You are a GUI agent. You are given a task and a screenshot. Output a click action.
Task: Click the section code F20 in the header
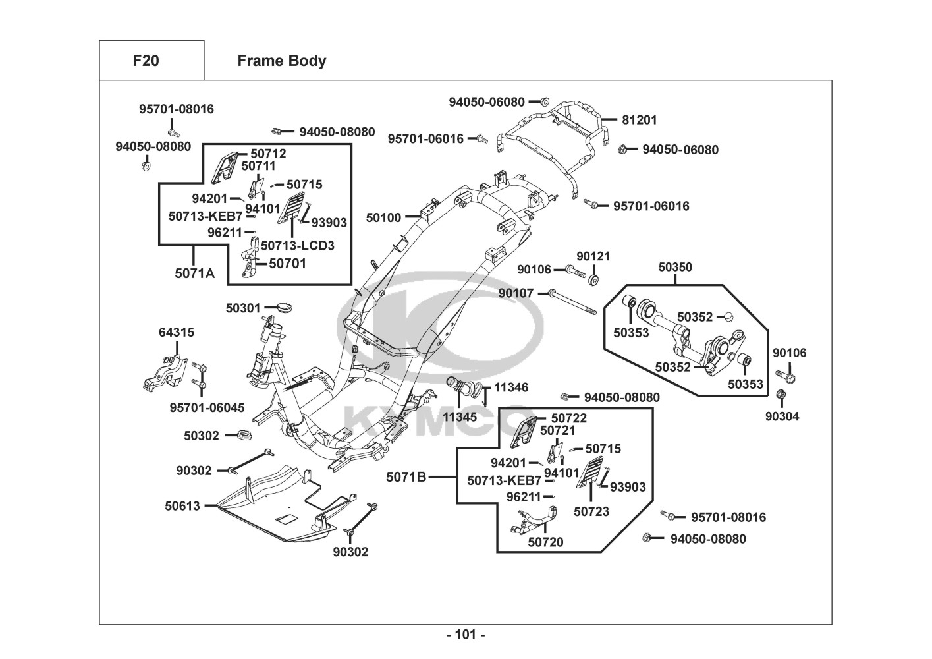(146, 61)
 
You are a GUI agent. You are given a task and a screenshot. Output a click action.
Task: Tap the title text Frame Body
(281, 61)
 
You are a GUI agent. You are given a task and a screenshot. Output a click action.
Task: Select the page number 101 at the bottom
(466, 635)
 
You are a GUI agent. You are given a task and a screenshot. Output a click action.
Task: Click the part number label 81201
(640, 120)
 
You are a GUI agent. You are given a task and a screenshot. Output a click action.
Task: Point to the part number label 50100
(383, 217)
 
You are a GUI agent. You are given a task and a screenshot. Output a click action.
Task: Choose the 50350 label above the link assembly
(675, 268)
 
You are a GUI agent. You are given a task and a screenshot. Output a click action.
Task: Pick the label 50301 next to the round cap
(243, 308)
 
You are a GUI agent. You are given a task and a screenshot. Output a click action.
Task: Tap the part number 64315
(177, 333)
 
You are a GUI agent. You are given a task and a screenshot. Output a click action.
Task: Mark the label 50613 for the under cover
(182, 506)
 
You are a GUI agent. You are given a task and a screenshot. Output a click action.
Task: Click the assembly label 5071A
(194, 273)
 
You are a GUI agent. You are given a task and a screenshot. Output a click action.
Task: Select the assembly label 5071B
(406, 476)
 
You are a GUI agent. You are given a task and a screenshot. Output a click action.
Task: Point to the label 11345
(460, 417)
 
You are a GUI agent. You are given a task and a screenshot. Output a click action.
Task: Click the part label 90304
(782, 416)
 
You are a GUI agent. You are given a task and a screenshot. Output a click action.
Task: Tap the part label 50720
(545, 542)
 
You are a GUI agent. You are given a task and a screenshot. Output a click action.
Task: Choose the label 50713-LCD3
(298, 246)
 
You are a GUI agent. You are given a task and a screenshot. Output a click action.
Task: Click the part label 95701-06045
(207, 408)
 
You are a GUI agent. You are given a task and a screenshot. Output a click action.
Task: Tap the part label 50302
(202, 436)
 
